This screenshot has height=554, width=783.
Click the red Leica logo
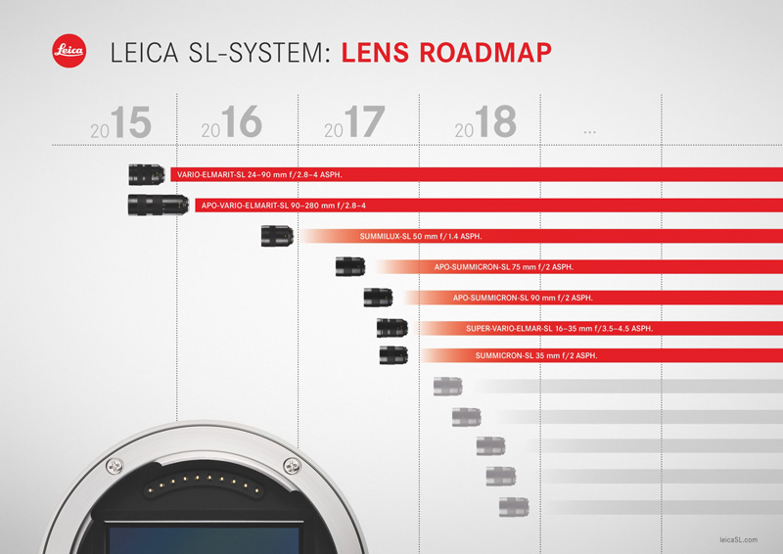pyautogui.click(x=69, y=51)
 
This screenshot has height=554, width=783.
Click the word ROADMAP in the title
pyautogui.click(x=485, y=53)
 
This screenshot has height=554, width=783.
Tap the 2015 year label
pyautogui.click(x=120, y=122)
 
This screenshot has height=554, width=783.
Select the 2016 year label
pyautogui.click(x=232, y=121)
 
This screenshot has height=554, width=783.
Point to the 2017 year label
pyautogui.click(x=354, y=122)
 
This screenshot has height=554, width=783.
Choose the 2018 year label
pyautogui.click(x=485, y=121)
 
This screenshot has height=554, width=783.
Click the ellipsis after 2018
pyautogui.click(x=590, y=132)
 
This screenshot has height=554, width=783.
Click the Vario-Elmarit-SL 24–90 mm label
pyautogui.click(x=259, y=175)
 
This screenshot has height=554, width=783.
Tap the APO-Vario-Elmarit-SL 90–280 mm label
pyautogui.click(x=284, y=206)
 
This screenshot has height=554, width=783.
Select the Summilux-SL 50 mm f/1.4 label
pyautogui.click(x=421, y=236)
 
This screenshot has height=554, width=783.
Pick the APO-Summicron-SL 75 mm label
pyautogui.click(x=504, y=267)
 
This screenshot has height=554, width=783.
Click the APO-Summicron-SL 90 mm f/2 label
pyautogui.click(x=523, y=298)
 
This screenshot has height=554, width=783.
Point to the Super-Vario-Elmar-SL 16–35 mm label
pyautogui.click(x=559, y=329)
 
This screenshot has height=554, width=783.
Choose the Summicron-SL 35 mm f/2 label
pyautogui.click(x=536, y=355)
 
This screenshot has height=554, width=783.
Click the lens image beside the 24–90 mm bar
pyautogui.click(x=146, y=174)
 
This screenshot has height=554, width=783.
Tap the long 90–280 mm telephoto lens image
pyautogui.click(x=159, y=205)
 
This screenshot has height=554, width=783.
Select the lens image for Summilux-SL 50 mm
pyautogui.click(x=277, y=236)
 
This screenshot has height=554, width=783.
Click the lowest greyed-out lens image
pyautogui.click(x=514, y=507)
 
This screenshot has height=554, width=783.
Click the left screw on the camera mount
pyautogui.click(x=115, y=467)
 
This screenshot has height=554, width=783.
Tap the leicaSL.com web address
pyautogui.click(x=739, y=539)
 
